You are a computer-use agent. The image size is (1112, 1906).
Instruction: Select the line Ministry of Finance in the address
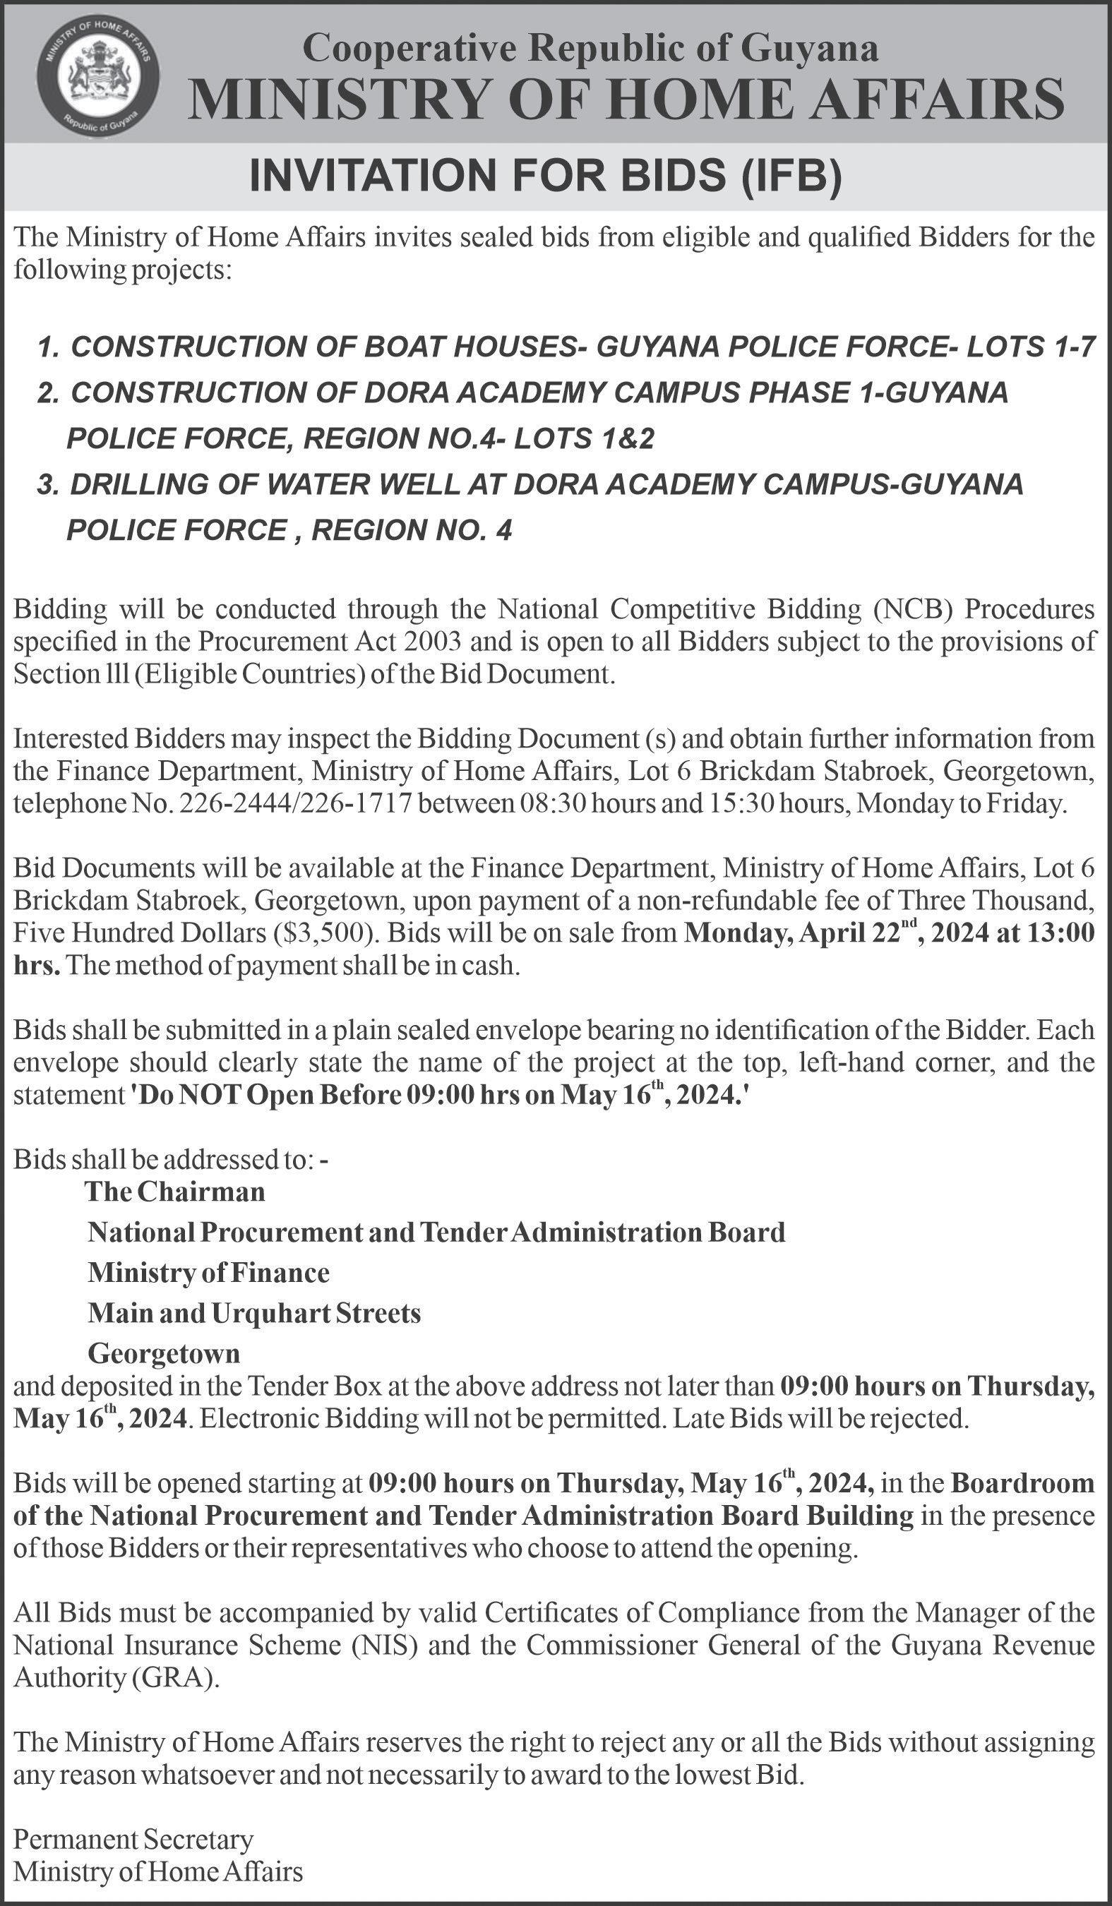pyautogui.click(x=208, y=1272)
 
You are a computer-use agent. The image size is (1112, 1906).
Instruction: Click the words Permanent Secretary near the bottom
pyautogui.click(x=133, y=1839)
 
